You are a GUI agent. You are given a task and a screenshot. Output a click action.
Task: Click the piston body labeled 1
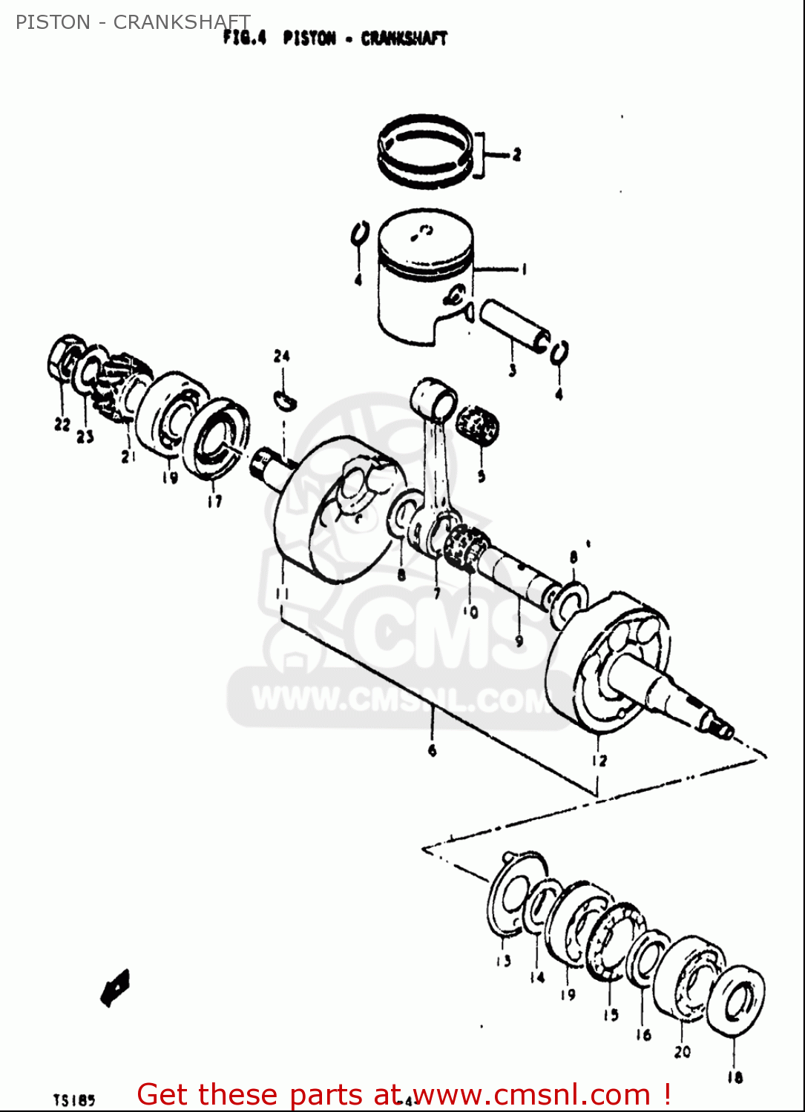coord(423,282)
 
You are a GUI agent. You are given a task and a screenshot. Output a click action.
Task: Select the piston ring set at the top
coord(424,150)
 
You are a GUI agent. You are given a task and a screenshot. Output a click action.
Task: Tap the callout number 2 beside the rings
coord(516,154)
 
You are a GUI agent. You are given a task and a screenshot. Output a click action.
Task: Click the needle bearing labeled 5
coord(476,425)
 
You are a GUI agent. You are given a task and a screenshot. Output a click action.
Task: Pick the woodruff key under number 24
coord(284,399)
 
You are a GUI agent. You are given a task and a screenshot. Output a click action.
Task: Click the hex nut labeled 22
coord(65,356)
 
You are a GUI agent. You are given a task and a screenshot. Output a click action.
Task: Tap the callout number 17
coord(214,502)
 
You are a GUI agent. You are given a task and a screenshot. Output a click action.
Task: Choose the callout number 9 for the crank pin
coord(519,641)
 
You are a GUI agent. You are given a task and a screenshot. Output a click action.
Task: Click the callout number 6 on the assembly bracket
coord(432,750)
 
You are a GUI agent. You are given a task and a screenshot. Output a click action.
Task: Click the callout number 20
coord(682,1050)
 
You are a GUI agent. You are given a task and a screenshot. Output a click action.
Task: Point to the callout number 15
coord(611,1014)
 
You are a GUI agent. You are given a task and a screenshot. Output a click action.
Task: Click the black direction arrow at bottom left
coord(115,988)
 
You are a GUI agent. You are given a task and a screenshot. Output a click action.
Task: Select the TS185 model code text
coord(74,1099)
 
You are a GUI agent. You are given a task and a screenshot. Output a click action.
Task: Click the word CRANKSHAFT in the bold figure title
coord(404,39)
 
